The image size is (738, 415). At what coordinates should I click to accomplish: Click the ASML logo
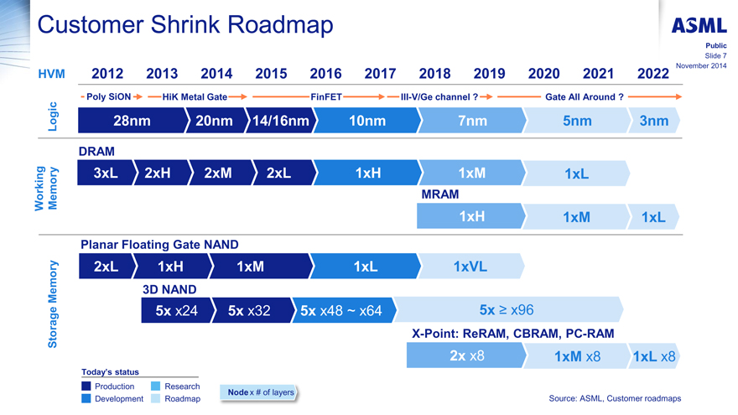[x=698, y=25]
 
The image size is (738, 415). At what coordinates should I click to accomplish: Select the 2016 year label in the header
[x=325, y=74]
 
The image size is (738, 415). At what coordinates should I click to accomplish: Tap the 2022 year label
[x=653, y=74]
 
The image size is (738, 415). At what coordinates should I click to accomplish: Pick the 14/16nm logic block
[x=280, y=122]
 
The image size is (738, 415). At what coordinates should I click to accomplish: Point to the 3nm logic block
[x=653, y=122]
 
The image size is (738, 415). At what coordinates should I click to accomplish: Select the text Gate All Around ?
[x=584, y=97]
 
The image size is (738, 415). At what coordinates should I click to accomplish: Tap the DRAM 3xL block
[x=105, y=173]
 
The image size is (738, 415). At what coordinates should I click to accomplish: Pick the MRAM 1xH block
[x=471, y=216]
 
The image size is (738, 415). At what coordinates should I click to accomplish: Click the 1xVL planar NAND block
[x=470, y=267]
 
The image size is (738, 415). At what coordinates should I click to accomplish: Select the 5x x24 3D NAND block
[x=176, y=311]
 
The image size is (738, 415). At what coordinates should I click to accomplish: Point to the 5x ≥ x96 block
[x=507, y=310]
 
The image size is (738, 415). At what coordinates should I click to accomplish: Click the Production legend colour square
[x=86, y=386]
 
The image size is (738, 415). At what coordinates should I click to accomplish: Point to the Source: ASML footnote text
[x=615, y=398]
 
